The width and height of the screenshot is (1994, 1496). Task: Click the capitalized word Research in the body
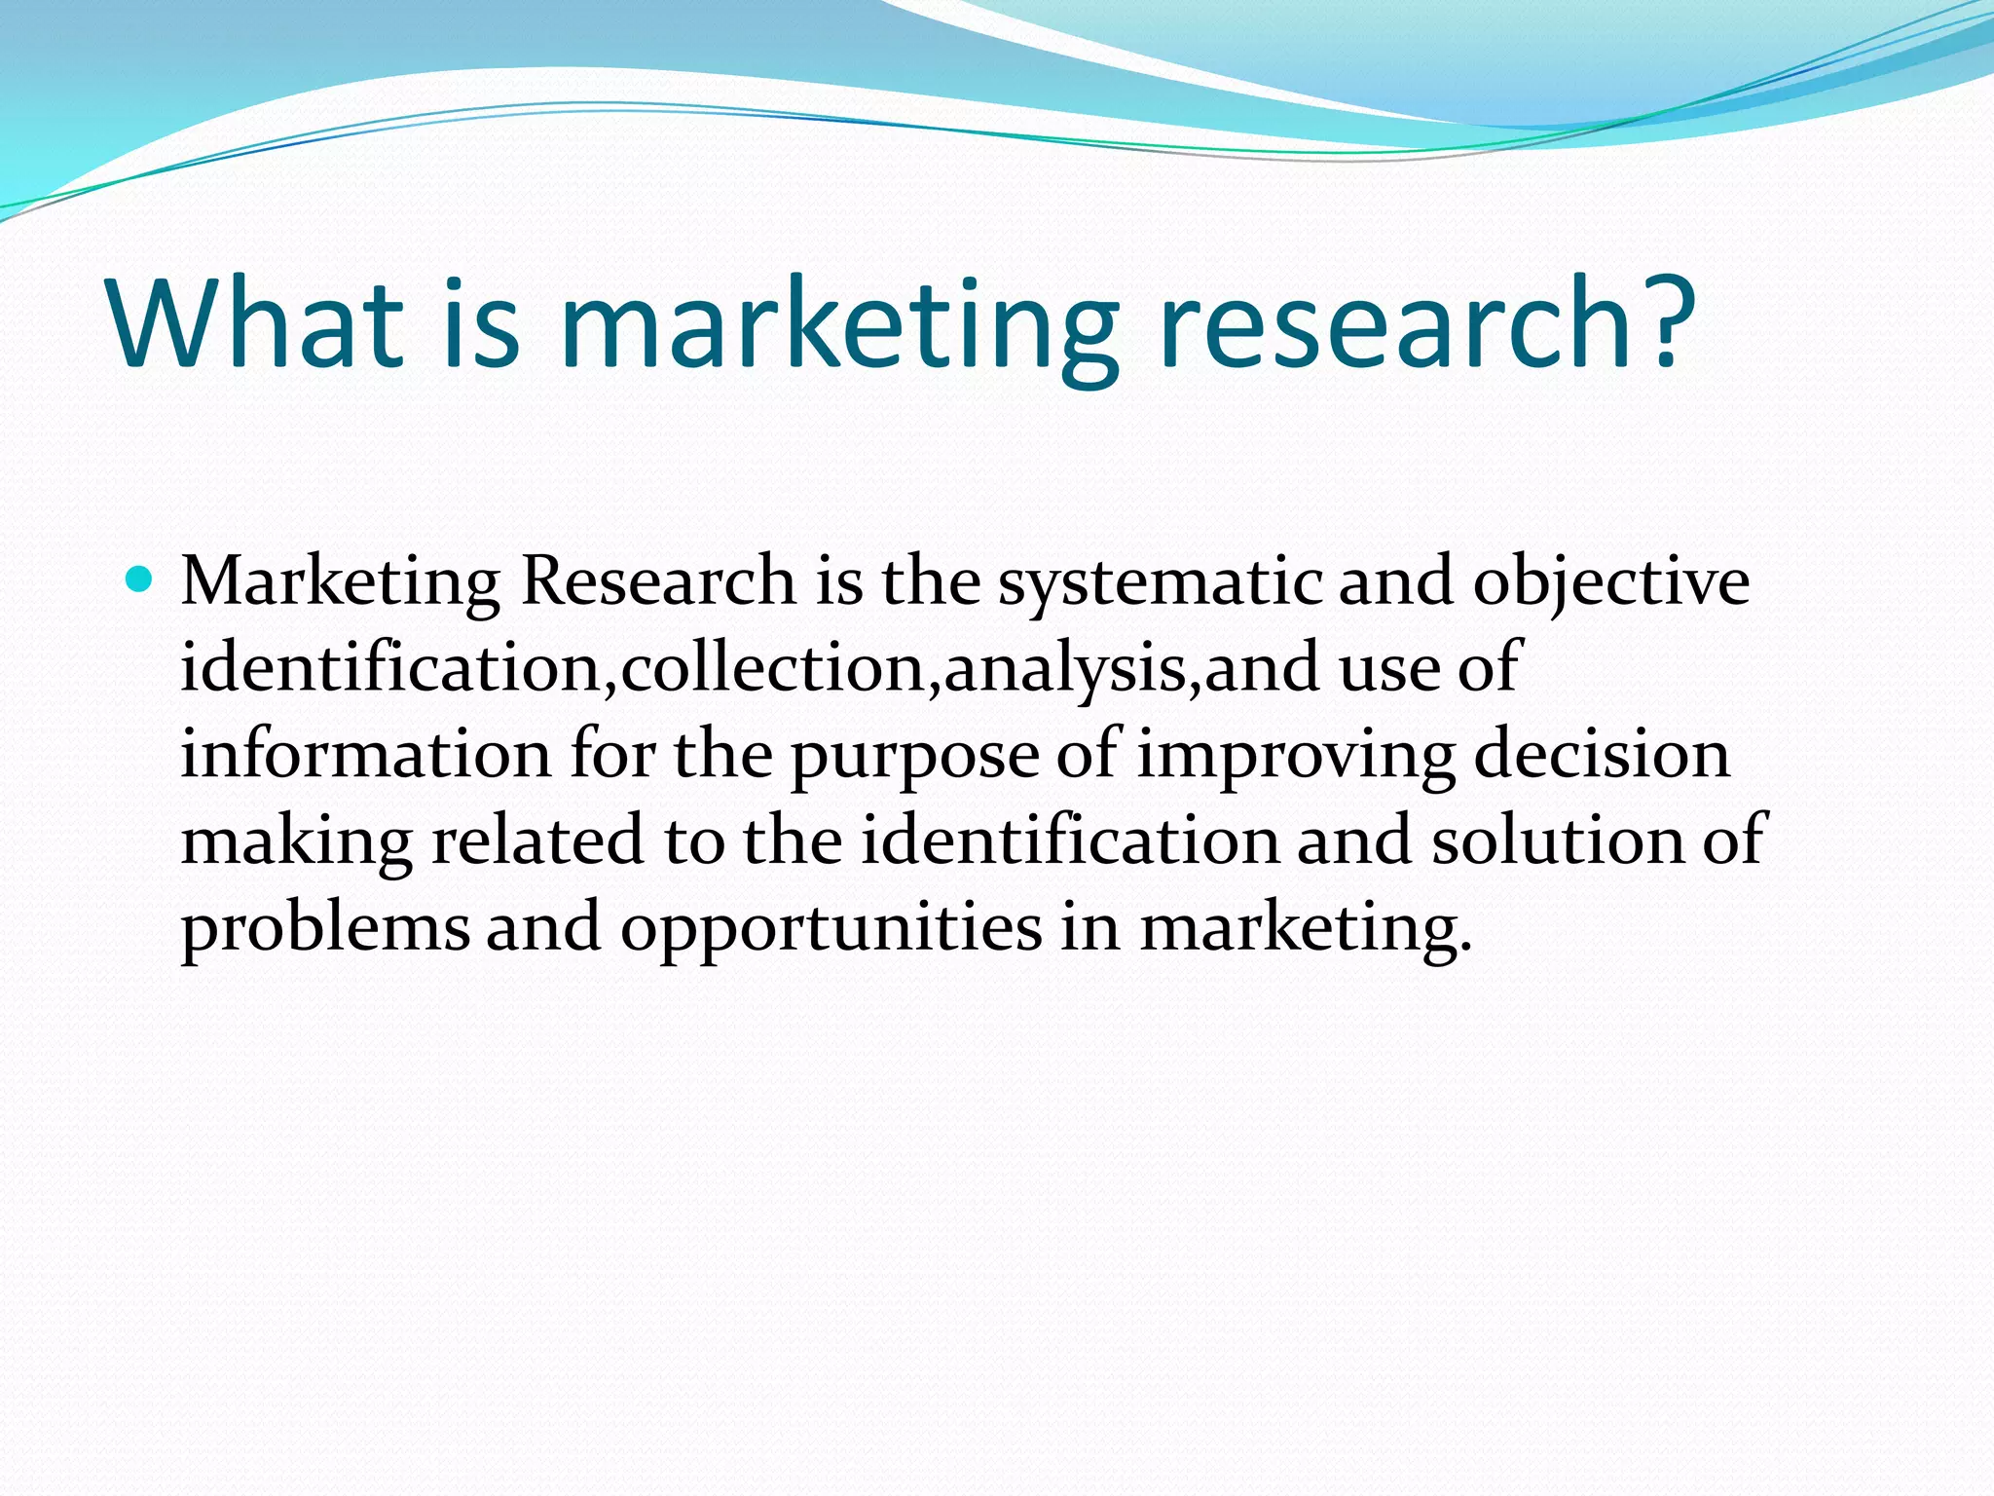658,581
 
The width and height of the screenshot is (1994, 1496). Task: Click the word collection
773,668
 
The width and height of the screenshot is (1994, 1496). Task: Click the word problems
325,928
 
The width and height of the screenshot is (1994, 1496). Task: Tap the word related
537,841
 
